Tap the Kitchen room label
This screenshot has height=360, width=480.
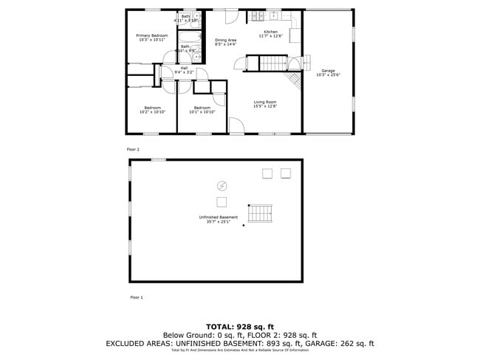click(271, 32)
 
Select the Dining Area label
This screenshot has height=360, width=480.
click(225, 40)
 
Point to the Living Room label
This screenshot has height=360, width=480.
click(265, 102)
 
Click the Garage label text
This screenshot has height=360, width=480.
click(328, 71)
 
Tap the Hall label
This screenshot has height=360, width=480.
click(184, 68)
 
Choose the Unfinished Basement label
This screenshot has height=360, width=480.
click(219, 217)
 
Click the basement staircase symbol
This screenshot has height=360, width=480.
click(260, 214)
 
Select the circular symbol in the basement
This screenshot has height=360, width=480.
click(221, 185)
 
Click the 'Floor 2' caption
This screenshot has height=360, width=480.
click(133, 149)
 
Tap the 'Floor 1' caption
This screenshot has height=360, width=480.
click(136, 297)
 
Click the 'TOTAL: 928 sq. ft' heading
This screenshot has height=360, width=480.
click(240, 325)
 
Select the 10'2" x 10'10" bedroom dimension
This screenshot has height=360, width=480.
click(154, 112)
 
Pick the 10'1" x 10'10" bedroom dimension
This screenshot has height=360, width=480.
click(202, 112)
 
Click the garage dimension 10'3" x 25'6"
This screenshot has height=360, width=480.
click(328, 75)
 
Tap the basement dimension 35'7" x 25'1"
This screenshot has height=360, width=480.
click(219, 221)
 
